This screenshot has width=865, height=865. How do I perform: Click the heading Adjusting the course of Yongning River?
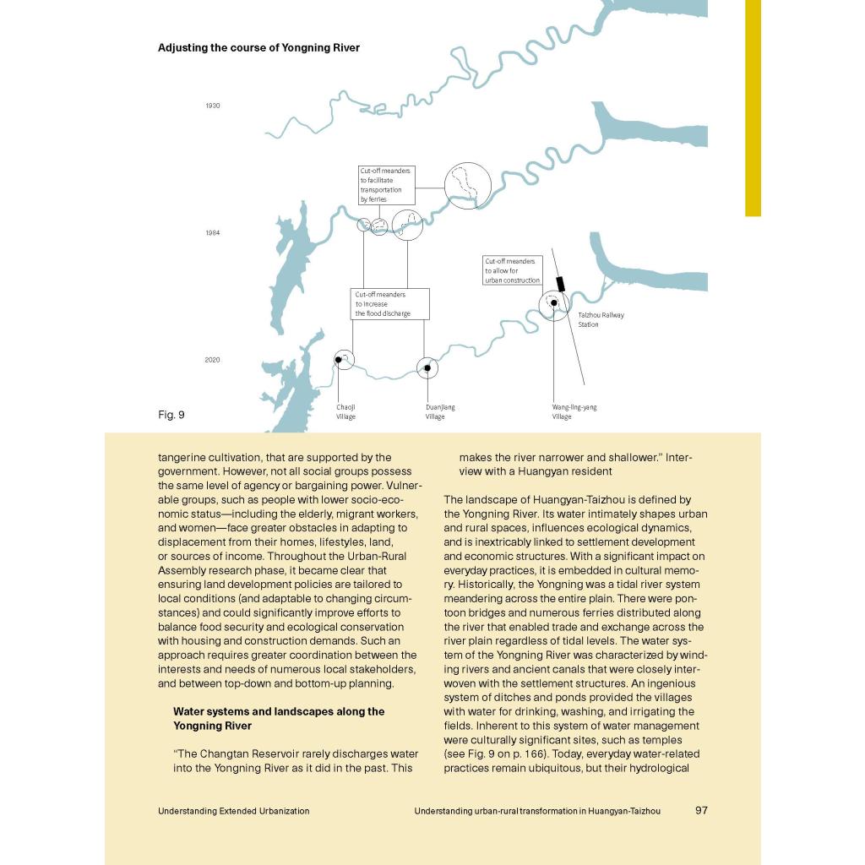(x=258, y=48)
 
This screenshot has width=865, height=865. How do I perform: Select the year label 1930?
(x=212, y=106)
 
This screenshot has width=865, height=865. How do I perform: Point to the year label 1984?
(x=212, y=233)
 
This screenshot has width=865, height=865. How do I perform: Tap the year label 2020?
(x=212, y=360)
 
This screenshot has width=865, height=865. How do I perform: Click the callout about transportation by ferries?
(x=386, y=185)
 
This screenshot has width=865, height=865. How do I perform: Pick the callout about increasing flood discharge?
(x=389, y=304)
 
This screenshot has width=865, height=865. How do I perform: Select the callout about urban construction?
(x=512, y=270)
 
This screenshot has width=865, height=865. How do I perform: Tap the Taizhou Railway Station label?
(x=601, y=319)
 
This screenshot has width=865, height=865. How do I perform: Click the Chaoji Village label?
(x=345, y=411)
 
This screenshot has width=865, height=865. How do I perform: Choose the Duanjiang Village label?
(x=440, y=411)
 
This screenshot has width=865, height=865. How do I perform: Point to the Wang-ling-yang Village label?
(x=574, y=411)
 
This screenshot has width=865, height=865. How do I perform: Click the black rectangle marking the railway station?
(x=560, y=284)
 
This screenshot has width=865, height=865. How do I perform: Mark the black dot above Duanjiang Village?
(x=427, y=368)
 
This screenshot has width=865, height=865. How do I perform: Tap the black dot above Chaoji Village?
(x=338, y=360)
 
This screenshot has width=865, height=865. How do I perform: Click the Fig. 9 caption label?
(x=171, y=415)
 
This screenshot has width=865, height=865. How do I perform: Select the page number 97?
(x=701, y=810)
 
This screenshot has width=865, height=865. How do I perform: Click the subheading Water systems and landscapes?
(x=278, y=718)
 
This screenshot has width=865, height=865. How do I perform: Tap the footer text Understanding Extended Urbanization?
(x=233, y=811)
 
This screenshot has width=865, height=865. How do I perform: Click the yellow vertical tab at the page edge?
(x=753, y=108)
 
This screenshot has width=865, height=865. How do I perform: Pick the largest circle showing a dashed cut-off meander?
(x=467, y=185)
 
